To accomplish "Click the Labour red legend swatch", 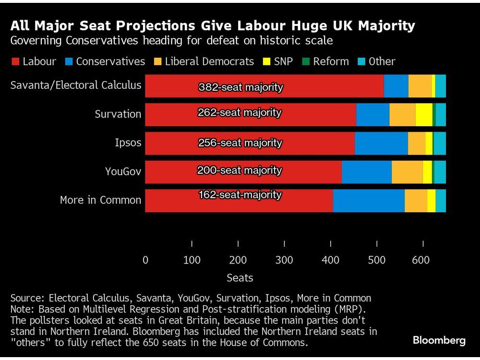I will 15,61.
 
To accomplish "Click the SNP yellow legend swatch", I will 266,61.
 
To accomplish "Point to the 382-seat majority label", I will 240,87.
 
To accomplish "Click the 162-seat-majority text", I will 240,195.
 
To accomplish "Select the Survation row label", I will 118,114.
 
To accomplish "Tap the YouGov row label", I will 123,171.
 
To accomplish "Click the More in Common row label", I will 100,200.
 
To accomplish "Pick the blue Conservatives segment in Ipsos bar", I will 381,143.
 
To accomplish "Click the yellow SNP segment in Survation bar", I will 423,114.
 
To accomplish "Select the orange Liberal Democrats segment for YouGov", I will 407,172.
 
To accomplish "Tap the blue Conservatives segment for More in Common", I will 369,200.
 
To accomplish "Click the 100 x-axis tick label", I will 192,260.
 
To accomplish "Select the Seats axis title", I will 240,278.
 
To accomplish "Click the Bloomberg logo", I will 439,340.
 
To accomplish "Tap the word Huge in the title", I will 298,25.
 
